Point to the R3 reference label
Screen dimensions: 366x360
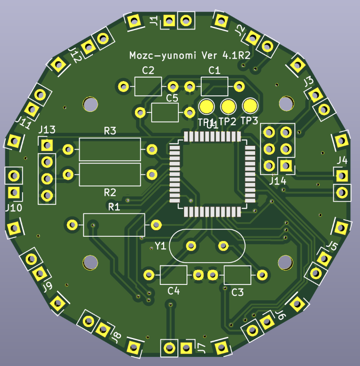(x=110, y=131)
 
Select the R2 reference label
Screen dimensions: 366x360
(x=110, y=193)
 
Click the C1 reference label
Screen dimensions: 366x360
(x=215, y=71)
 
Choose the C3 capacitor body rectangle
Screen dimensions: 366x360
(x=237, y=275)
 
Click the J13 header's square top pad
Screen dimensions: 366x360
(x=47, y=145)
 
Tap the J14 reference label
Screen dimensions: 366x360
(x=278, y=181)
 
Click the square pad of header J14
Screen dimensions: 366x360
(x=286, y=165)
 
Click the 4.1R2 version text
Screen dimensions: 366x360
(x=237, y=56)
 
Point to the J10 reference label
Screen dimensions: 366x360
(x=13, y=208)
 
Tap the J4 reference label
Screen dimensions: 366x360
(x=341, y=160)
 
